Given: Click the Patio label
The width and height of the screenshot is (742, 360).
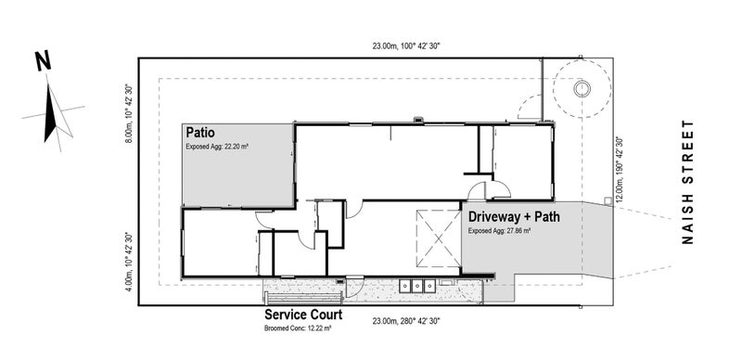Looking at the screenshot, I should coord(202,132).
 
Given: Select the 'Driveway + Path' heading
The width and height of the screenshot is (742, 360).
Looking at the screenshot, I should coord(513,216).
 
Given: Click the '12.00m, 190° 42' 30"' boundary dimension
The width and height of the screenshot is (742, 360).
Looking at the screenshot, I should coord(620,171).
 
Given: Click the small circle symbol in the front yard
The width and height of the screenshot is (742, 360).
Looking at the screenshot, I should coord(582,89).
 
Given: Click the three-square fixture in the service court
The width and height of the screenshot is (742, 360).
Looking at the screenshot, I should coord(418,286).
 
